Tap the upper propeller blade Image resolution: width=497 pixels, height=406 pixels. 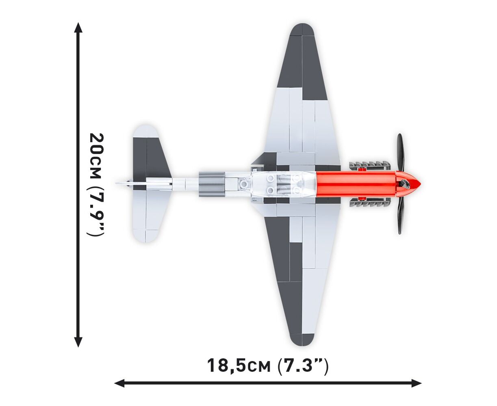(400, 155)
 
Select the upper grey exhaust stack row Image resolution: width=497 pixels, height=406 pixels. (369, 166)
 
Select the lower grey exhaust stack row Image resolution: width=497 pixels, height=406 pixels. (369, 202)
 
